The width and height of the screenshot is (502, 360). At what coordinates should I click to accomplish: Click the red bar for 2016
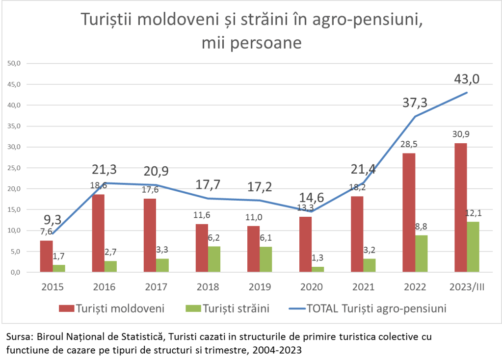[x=98, y=233]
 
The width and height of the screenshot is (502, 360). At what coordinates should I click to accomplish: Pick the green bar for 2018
[x=214, y=259]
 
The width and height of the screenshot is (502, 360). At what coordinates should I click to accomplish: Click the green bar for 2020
[x=317, y=269]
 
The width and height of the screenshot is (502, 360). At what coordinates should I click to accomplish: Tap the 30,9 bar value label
[x=460, y=134]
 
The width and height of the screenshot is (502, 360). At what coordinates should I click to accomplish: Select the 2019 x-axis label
[x=260, y=287]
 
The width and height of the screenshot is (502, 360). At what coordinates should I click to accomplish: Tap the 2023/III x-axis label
[x=467, y=287]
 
